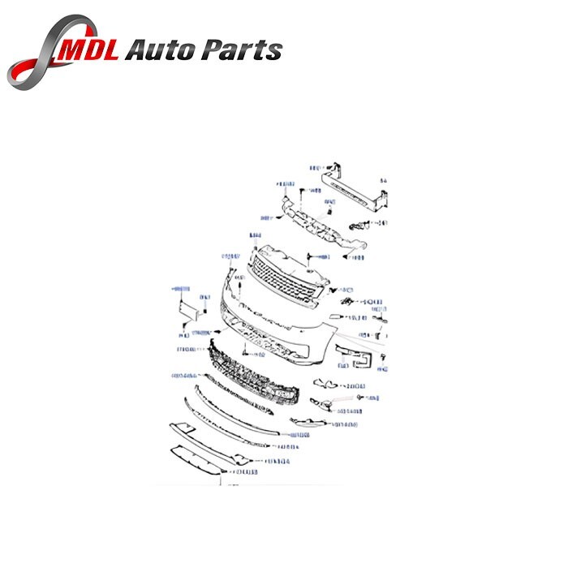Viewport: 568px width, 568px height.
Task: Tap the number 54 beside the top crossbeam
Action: (x=385, y=179)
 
